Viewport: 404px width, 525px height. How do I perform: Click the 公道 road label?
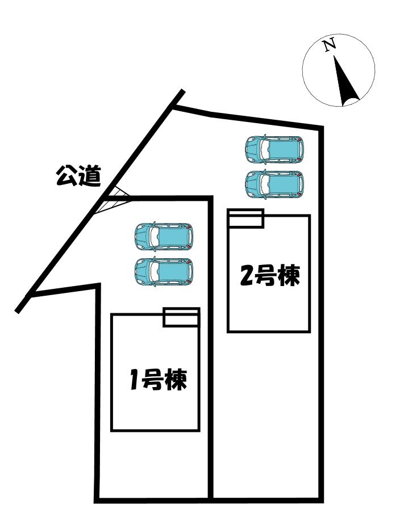78,177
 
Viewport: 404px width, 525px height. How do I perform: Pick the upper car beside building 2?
274,149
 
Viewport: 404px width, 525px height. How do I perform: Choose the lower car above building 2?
274,184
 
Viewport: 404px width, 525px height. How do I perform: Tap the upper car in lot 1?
164,236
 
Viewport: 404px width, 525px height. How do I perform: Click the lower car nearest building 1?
164,271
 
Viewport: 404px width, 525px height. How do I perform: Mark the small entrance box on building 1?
181,317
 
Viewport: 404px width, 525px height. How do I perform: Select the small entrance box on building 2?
246,219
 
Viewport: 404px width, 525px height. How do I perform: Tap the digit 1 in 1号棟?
134,380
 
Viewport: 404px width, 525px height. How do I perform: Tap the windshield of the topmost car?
262,149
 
